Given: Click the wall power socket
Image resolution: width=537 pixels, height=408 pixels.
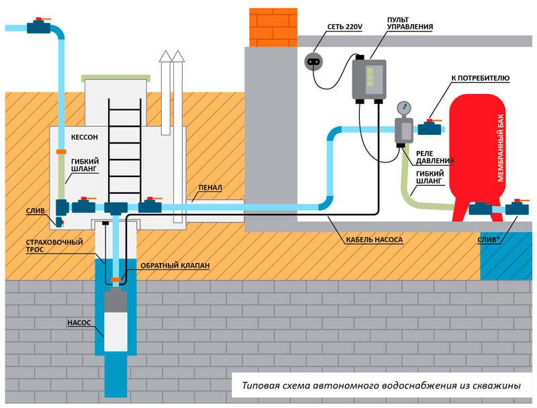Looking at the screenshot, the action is (x=313, y=62).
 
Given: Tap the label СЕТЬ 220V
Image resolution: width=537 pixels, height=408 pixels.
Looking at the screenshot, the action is (x=344, y=27).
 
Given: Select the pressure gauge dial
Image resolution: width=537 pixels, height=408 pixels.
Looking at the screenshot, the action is (x=404, y=109).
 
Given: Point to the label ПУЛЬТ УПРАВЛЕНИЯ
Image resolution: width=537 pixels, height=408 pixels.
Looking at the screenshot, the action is (x=410, y=23).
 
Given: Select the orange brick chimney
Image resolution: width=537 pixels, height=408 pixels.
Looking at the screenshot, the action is (x=273, y=28).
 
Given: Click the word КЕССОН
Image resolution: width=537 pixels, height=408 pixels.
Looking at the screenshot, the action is (x=85, y=137).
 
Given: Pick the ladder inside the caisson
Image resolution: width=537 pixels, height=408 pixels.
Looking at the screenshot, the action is (x=125, y=150).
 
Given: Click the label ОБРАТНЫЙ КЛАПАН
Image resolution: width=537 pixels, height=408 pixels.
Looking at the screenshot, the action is (x=175, y=266).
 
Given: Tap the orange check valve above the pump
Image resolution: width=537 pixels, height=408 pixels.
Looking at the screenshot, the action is (x=115, y=280).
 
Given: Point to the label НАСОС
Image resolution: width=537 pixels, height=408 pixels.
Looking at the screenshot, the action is (x=79, y=323).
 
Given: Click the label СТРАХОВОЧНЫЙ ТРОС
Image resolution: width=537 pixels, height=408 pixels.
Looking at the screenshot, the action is (x=54, y=246).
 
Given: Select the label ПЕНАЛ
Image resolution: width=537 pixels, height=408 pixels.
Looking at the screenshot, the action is (x=210, y=188).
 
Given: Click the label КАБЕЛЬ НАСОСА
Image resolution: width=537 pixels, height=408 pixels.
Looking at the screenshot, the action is (x=374, y=240).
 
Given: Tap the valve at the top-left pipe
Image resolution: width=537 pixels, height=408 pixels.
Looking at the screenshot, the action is (x=39, y=26).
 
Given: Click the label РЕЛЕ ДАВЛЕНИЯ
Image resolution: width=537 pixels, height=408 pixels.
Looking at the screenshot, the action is (x=435, y=157).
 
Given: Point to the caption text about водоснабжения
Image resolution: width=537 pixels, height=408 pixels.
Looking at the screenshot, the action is (x=381, y=385).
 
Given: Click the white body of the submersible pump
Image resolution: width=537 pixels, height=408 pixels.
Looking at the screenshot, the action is (x=115, y=331).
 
